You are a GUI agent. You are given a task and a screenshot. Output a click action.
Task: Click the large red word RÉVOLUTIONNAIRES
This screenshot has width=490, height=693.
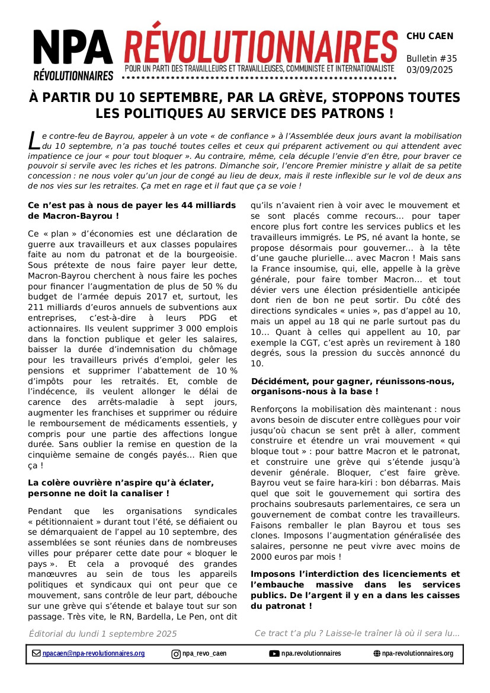(x=261, y=44)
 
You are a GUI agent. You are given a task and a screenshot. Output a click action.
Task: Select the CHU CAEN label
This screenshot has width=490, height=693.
(x=430, y=36)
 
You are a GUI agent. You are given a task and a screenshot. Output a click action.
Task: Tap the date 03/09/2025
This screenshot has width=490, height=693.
(x=430, y=69)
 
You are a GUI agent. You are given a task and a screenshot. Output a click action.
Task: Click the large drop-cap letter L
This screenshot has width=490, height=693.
(x=34, y=141)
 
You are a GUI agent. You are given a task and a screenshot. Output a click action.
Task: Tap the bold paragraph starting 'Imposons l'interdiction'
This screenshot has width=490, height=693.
(x=355, y=590)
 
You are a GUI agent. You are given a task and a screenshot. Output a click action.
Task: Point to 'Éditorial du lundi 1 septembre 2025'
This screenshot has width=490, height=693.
(x=103, y=634)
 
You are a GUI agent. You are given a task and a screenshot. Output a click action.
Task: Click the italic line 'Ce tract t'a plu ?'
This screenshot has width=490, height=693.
(x=357, y=634)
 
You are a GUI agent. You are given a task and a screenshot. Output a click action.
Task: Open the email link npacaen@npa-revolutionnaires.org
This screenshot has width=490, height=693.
(x=94, y=654)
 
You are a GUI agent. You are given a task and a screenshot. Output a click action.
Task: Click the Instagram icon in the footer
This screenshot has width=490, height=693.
(x=176, y=654)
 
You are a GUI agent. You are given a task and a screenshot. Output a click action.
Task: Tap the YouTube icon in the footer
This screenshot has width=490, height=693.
(x=274, y=654)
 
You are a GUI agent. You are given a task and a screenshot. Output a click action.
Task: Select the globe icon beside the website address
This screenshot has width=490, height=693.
(x=377, y=654)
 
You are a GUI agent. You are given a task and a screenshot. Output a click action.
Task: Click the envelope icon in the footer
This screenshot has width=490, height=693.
(x=37, y=654)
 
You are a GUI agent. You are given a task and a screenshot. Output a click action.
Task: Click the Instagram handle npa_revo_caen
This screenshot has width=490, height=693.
(x=204, y=654)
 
